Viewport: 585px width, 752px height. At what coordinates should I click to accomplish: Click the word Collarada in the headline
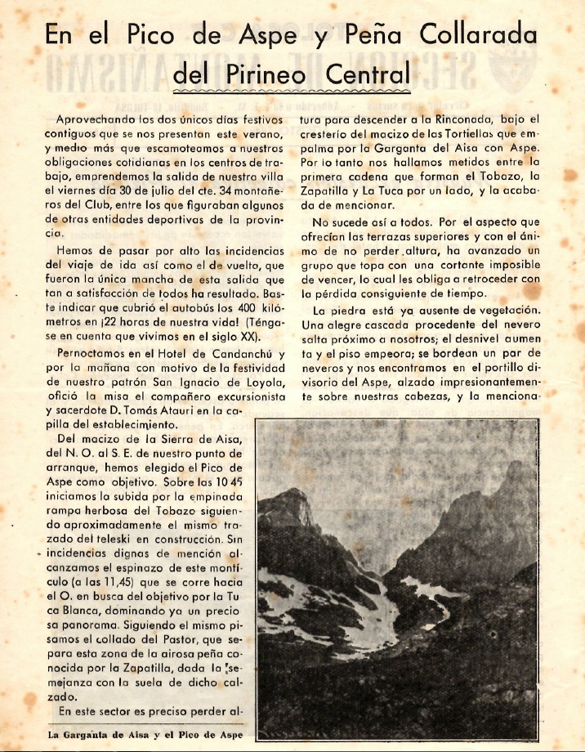tap(478, 36)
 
